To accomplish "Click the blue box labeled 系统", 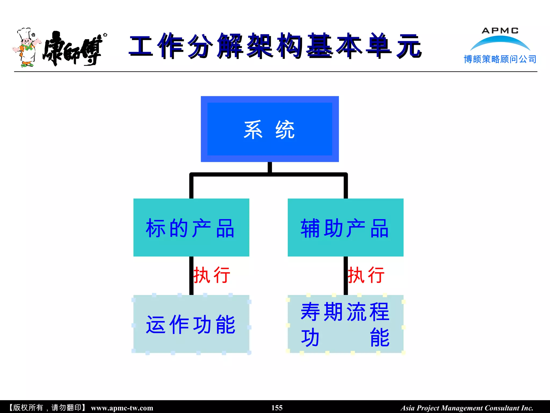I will pyautogui.click(x=270, y=129).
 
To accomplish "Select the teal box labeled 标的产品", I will pyautogui.click(x=191, y=227).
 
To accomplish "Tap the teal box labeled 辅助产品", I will pyautogui.click(x=345, y=227).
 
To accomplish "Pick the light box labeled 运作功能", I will pyautogui.click(x=191, y=324).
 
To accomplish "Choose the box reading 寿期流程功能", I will pyautogui.click(x=345, y=324).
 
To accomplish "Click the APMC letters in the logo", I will pyautogui.click(x=500, y=31).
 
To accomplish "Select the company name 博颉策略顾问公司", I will pyautogui.click(x=500, y=59).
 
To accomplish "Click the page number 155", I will pyautogui.click(x=277, y=408).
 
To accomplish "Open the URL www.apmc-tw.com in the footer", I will pyautogui.click(x=122, y=408).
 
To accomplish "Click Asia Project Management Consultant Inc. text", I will pyautogui.click(x=467, y=408).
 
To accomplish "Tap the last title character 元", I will pyautogui.click(x=409, y=46).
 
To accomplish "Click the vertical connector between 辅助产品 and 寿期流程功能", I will pyautogui.click(x=346, y=276).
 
